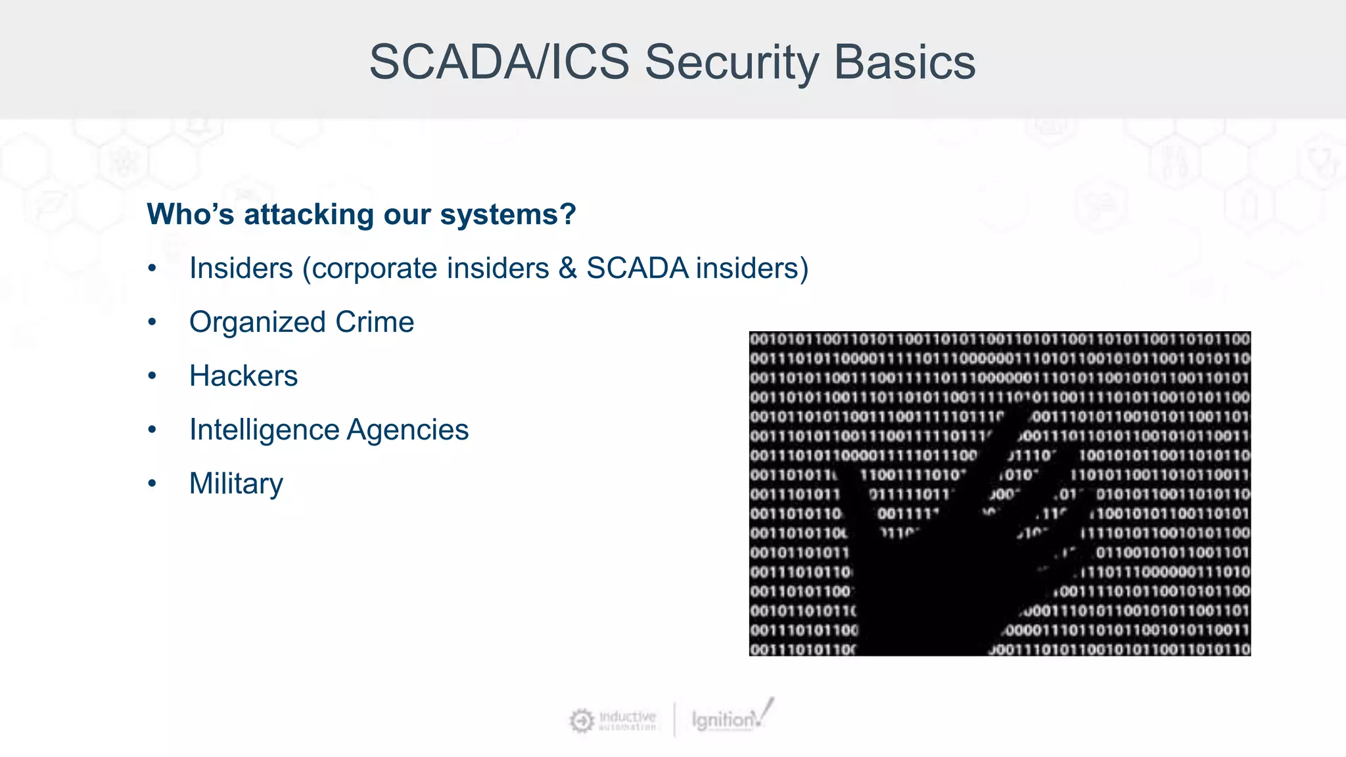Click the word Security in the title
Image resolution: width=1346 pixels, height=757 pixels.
coord(731,62)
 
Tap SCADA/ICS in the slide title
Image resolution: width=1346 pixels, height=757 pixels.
coord(499,62)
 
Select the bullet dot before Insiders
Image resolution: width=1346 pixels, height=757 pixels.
coord(152,269)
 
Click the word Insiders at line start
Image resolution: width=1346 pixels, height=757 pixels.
coord(241,268)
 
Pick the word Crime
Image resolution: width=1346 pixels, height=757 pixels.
coord(375,322)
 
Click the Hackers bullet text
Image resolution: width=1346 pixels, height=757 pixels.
coord(243,376)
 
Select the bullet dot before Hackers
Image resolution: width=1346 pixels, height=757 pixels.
coord(152,377)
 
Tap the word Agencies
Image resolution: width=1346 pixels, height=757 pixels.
coord(407,430)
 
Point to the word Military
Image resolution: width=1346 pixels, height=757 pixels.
coord(236,484)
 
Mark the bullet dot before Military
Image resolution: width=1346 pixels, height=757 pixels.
coord(152,484)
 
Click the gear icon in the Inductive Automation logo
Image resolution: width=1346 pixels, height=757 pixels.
coord(581,721)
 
